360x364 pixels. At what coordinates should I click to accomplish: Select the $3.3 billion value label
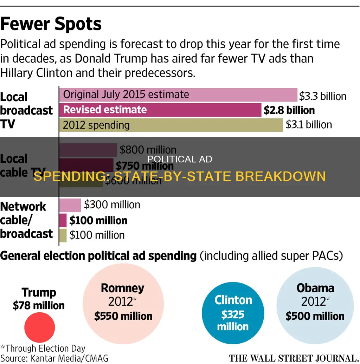(x=322, y=96)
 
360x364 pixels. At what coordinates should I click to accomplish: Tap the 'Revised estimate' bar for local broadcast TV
(x=160, y=110)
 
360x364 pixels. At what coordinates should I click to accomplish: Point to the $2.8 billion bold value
(x=289, y=110)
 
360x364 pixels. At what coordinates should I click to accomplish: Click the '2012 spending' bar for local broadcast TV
(x=171, y=125)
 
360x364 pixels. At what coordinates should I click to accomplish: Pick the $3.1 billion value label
(x=308, y=125)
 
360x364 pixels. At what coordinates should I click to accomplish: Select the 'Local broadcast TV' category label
(x=26, y=110)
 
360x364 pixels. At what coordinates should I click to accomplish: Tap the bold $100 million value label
(x=98, y=221)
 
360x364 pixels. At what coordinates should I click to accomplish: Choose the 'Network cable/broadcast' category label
(x=26, y=220)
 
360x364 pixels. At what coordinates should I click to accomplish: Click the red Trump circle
(x=39, y=327)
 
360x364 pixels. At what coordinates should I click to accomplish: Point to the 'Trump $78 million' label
(x=39, y=299)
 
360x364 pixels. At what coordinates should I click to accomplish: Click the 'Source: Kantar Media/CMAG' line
(x=54, y=358)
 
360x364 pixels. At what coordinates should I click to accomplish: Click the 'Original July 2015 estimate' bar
(x=178, y=95)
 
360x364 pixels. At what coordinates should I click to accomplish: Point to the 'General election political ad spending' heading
(x=98, y=256)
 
